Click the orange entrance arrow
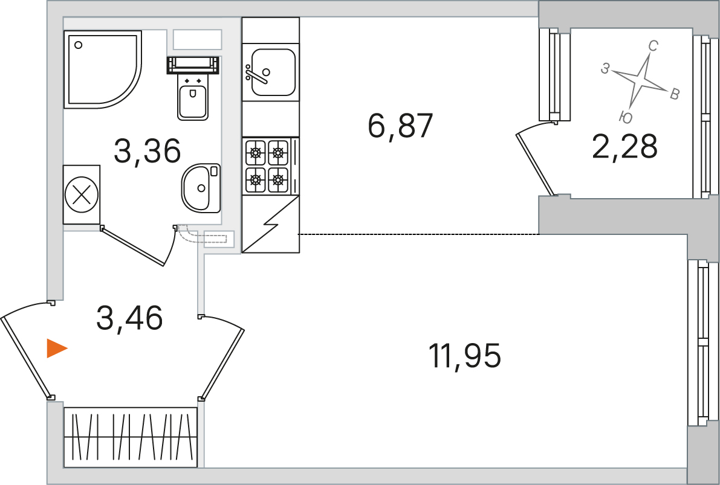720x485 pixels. (57, 348)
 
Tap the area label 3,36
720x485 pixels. (148, 151)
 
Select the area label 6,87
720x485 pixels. (401, 126)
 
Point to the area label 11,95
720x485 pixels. (465, 356)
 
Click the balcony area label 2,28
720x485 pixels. (625, 146)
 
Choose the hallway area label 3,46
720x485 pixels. (129, 318)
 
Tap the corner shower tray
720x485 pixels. (102, 69)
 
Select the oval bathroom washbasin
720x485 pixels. (201, 188)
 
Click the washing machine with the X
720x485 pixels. (82, 195)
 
